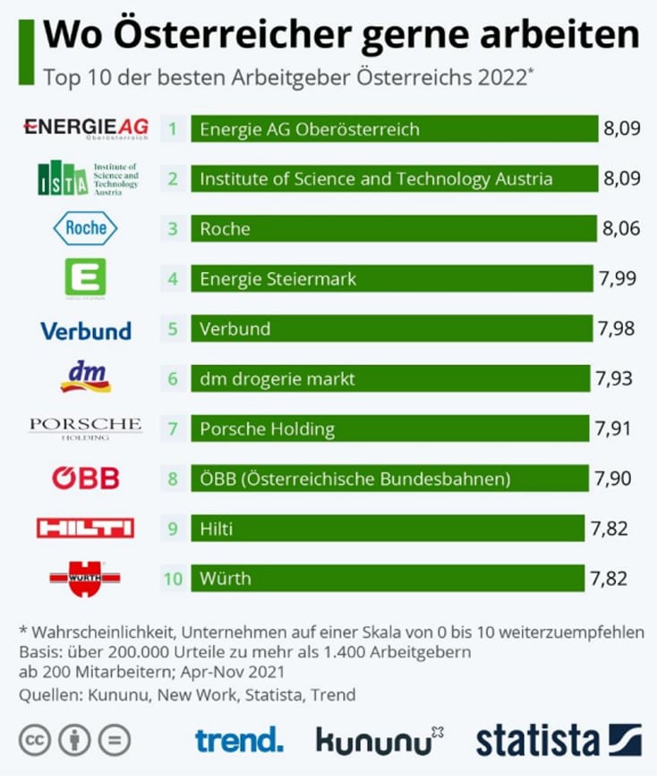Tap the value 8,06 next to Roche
(x=621, y=228)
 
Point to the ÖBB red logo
(x=85, y=478)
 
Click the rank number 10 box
(x=173, y=578)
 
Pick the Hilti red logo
(x=85, y=528)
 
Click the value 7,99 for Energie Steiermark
(x=617, y=278)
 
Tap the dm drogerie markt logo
(x=85, y=378)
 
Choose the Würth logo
(x=85, y=578)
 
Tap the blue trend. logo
(x=239, y=740)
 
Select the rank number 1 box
(x=173, y=129)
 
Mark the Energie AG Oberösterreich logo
(x=85, y=128)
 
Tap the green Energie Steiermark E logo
(x=85, y=278)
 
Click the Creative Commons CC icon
(x=35, y=740)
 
